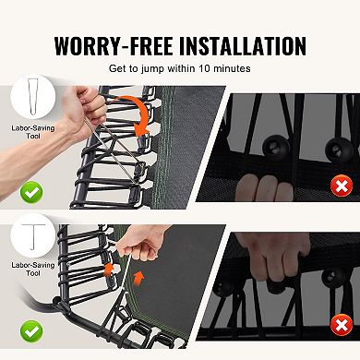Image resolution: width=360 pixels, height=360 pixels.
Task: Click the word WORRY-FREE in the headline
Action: click(x=113, y=46)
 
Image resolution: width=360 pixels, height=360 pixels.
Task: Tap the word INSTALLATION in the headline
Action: click(x=243, y=46)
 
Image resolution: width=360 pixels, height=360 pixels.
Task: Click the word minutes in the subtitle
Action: click(x=232, y=68)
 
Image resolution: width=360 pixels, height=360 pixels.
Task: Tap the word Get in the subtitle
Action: click(x=117, y=68)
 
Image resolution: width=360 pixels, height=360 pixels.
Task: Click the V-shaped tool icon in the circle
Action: click(x=33, y=97)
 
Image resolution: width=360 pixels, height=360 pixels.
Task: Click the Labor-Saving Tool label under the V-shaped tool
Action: click(x=33, y=132)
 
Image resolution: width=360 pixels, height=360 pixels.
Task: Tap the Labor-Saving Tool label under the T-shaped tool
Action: click(x=33, y=269)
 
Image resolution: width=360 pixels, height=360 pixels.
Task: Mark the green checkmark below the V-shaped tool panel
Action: click(x=31, y=192)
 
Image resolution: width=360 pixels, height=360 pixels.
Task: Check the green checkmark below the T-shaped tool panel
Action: click(x=31, y=331)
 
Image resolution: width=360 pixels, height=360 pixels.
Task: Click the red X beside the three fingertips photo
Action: click(x=342, y=186)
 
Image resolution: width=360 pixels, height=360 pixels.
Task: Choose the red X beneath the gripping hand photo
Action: click(x=342, y=325)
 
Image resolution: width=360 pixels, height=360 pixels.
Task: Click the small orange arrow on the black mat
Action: click(x=139, y=278)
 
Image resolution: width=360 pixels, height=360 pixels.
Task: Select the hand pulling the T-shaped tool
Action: click(x=142, y=243)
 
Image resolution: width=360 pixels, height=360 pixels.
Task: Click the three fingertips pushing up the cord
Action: click(x=265, y=187)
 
